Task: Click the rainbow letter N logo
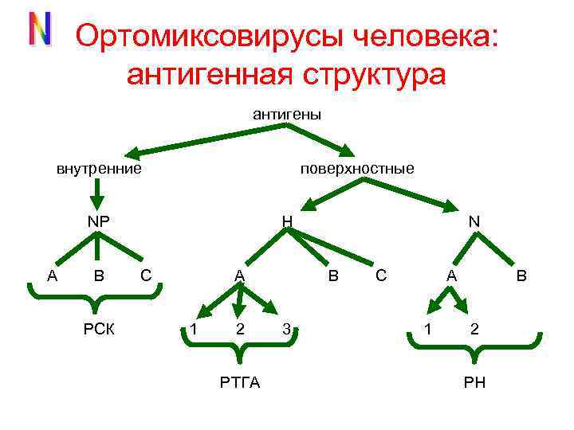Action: click(x=40, y=29)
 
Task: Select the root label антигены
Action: click(x=287, y=115)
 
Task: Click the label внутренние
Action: click(x=99, y=169)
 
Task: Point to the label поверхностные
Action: click(x=357, y=169)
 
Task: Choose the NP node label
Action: click(x=98, y=221)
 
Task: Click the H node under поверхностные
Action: click(x=287, y=221)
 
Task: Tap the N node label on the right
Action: click(x=474, y=221)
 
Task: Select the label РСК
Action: click(x=100, y=329)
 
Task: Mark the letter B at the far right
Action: click(x=521, y=276)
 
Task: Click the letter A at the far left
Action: click(x=52, y=276)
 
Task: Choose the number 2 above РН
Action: click(x=474, y=329)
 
